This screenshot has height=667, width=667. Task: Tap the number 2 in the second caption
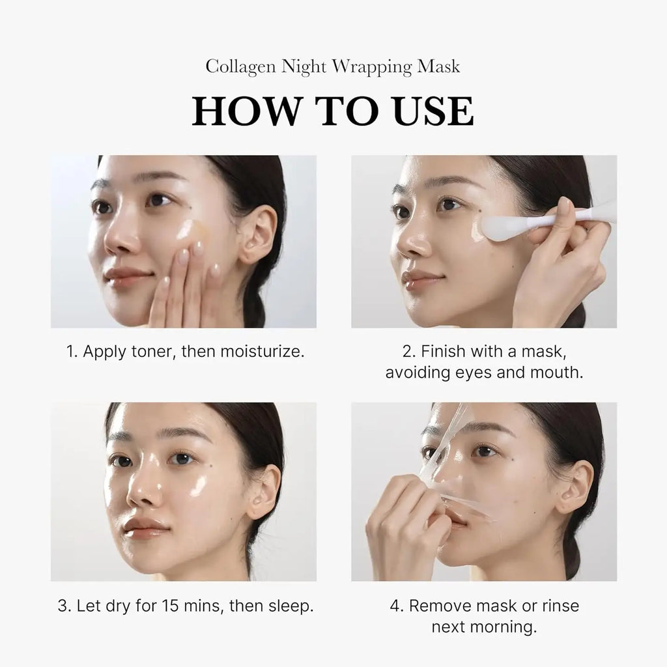(408, 352)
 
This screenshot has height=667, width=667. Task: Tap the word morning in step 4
(506, 627)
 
